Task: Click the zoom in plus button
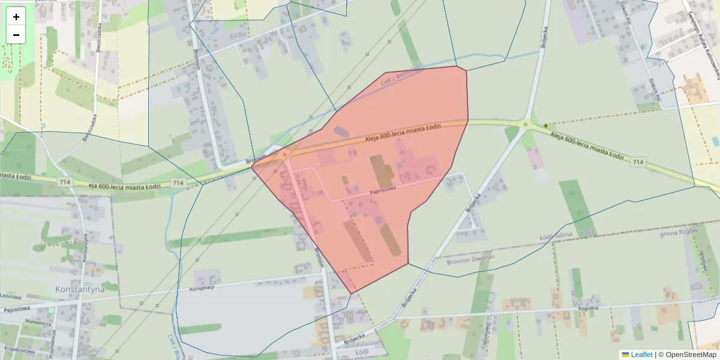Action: coord(16,17)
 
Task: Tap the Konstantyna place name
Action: coord(79,289)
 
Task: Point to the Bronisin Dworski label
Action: coord(471,260)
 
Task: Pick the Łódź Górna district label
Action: coord(573,233)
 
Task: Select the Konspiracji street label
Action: coord(202,288)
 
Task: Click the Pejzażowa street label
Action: coord(17,310)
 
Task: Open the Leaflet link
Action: coord(641,355)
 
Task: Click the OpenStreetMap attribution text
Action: coord(687,355)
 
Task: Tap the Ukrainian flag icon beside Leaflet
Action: coord(625,355)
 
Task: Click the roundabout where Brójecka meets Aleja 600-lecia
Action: coord(526,125)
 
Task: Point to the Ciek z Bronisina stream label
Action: coord(398,77)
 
